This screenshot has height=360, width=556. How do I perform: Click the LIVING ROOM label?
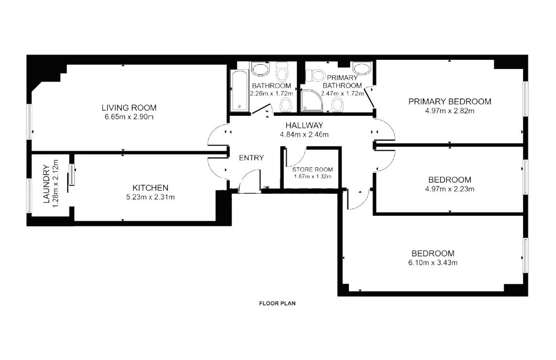129,108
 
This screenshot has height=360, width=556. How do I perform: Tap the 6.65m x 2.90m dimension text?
129,117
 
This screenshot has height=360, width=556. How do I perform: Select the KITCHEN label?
151,188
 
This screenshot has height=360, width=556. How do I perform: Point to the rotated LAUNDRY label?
46,184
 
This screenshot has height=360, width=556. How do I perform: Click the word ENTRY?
251,158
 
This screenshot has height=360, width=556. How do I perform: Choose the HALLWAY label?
304,125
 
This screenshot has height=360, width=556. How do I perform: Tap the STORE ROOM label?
312,169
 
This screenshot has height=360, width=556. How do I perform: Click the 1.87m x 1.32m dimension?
312,177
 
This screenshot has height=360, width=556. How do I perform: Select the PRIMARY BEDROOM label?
450,101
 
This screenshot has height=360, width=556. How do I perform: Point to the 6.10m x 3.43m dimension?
432,263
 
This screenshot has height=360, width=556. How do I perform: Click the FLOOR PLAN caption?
277,303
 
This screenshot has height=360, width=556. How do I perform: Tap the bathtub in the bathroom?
239,91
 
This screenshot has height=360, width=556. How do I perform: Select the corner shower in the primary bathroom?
312,100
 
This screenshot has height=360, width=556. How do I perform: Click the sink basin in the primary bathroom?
362,68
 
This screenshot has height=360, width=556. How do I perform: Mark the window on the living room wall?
30,122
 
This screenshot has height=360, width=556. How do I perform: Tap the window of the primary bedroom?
525,99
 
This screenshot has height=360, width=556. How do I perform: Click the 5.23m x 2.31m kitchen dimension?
151,197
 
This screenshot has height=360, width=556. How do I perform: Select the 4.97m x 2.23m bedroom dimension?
450,189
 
